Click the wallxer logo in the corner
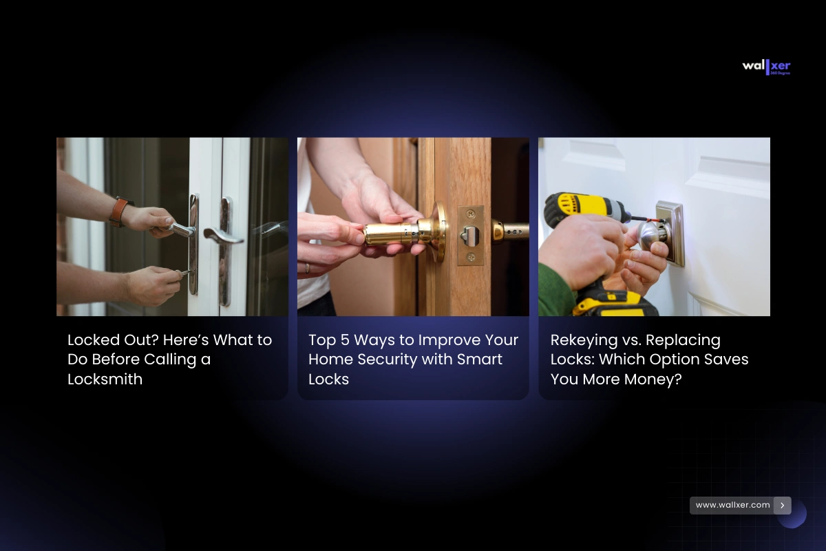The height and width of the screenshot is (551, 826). pyautogui.click(x=766, y=67)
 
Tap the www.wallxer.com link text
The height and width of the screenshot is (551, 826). pyautogui.click(x=732, y=505)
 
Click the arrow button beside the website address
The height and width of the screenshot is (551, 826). pyautogui.click(x=782, y=506)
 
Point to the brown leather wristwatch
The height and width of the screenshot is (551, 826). pyautogui.click(x=120, y=211)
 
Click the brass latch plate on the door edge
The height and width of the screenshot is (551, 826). pyautogui.click(x=471, y=236)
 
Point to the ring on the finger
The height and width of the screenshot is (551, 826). pyautogui.click(x=308, y=267)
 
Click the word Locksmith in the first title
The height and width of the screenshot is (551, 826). pyautogui.click(x=105, y=380)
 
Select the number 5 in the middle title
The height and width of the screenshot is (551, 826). pyautogui.click(x=344, y=340)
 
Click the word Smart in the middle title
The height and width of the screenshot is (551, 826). pyautogui.click(x=479, y=360)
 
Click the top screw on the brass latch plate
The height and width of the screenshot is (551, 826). pyautogui.click(x=471, y=214)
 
